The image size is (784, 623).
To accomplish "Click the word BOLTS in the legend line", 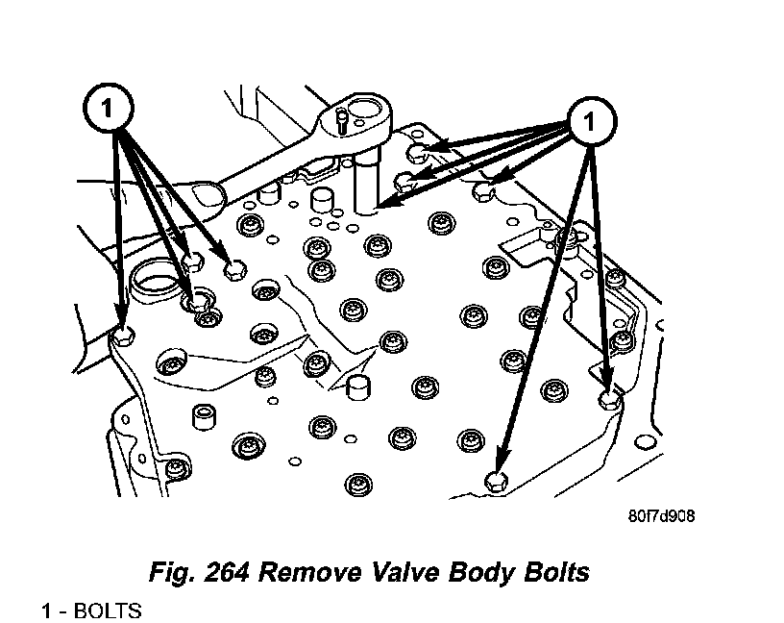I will (107, 611).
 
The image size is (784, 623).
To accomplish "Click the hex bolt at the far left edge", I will (123, 336).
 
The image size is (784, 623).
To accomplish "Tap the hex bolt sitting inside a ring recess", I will (195, 299).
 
